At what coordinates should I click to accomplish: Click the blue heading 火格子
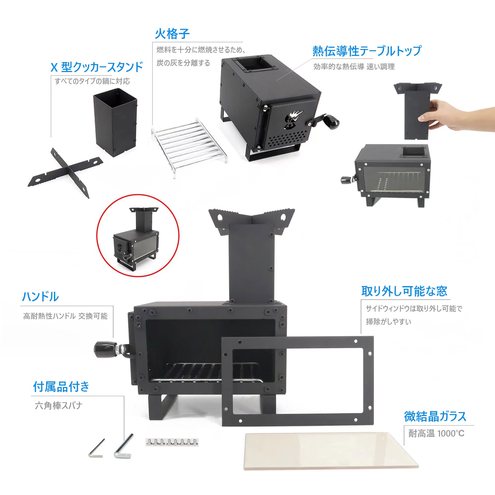coord(172,34)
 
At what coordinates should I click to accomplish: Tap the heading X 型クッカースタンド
coord(97,67)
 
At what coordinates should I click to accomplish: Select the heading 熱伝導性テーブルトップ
coord(367,51)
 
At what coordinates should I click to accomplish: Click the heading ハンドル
coord(41,297)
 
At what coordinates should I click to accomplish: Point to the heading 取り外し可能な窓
coord(404,291)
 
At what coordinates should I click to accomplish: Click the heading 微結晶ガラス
coord(435,417)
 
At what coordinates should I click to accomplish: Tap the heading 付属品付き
coord(61,387)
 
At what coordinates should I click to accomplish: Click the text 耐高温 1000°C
coord(436,434)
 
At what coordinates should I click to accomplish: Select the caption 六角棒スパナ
coord(59,406)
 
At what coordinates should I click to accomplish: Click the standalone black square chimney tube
coord(115,123)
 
